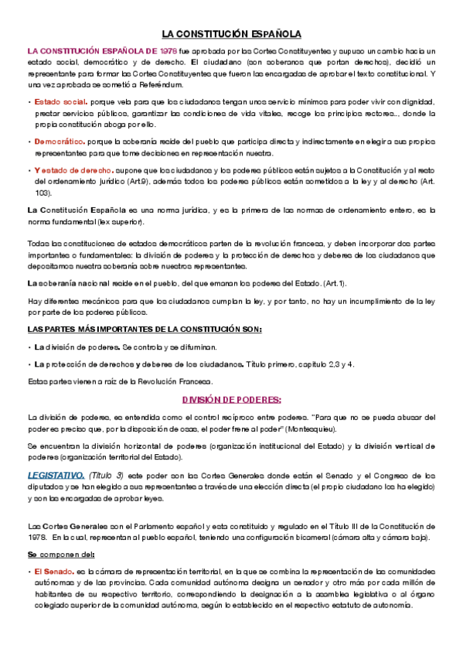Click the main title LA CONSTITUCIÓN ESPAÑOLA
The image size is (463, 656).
(231, 34)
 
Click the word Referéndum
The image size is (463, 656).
(162, 84)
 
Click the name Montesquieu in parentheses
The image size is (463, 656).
(312, 429)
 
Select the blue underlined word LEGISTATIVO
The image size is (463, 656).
(56, 474)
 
